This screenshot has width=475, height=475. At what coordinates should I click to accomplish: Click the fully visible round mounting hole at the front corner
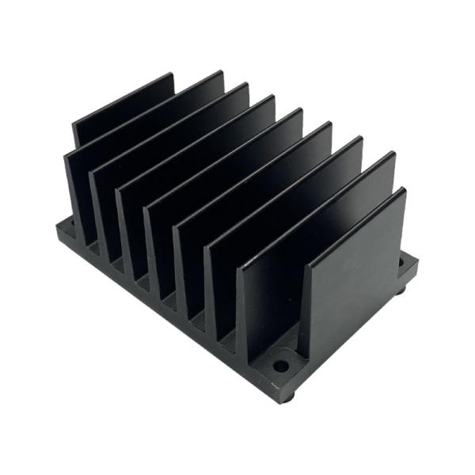(281, 367)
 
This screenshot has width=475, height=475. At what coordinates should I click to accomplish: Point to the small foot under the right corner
(401, 291)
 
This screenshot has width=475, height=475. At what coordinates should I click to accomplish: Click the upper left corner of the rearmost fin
(74, 125)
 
